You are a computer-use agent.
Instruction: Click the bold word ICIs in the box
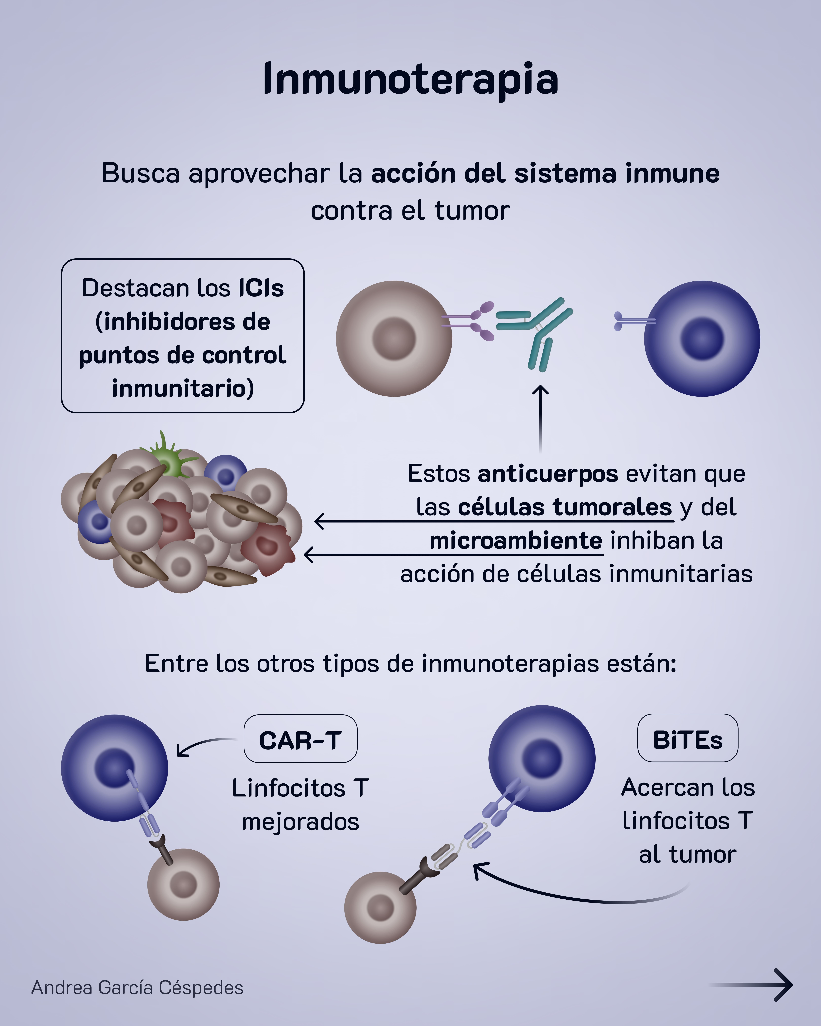261,288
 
